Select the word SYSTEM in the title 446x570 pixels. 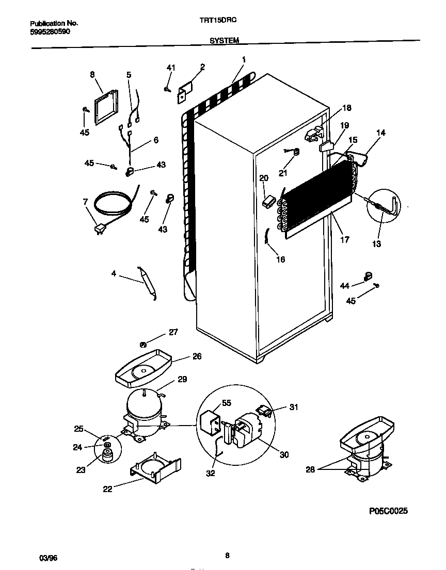point(224,40)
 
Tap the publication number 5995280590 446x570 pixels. point(50,31)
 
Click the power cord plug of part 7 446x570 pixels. point(99,229)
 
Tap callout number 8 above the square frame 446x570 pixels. point(93,75)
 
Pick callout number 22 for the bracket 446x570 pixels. point(107,489)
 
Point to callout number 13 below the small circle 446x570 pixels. point(376,244)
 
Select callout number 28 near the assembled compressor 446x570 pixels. point(309,469)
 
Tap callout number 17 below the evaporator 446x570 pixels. point(344,239)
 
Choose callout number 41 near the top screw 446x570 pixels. point(171,68)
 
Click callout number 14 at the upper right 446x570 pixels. point(380,133)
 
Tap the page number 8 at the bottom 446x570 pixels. point(227,555)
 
